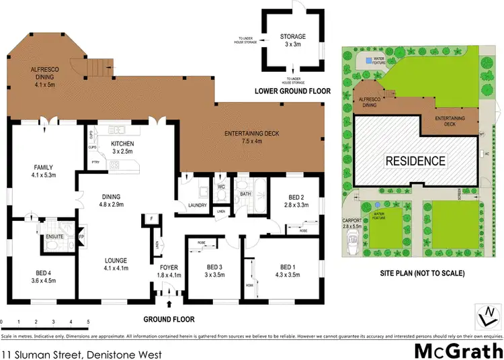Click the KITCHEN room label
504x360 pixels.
coord(123,144)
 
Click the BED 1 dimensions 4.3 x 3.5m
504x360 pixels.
coord(288,274)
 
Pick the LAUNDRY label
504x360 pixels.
coord(196,206)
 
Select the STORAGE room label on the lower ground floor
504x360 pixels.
coord(293,36)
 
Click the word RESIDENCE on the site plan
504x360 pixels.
coord(415,161)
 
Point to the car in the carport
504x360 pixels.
coord(351,249)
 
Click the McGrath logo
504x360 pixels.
coord(457,351)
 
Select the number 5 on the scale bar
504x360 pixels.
coord(89,322)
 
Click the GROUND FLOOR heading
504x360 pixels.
coord(168,320)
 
